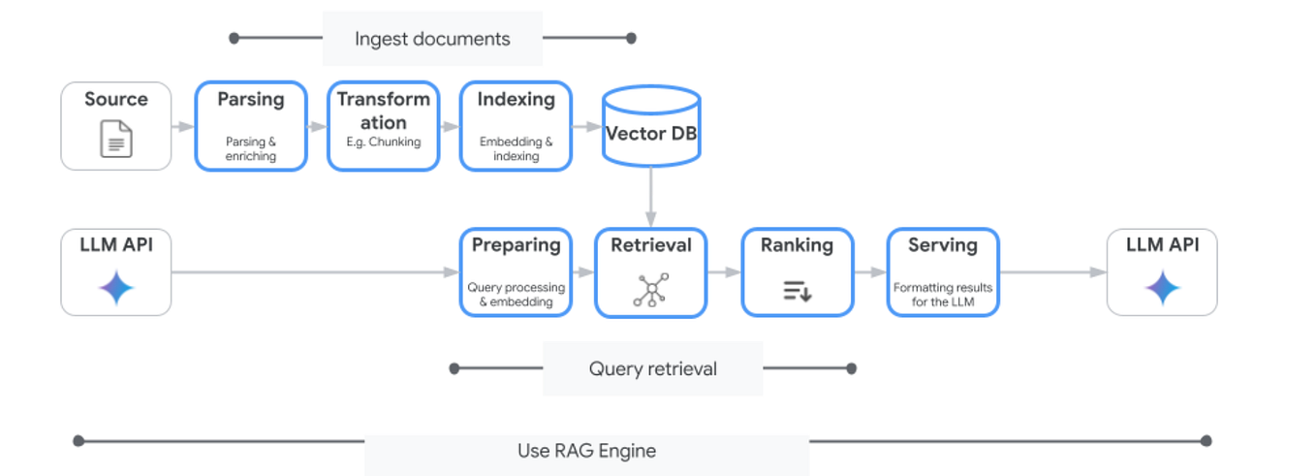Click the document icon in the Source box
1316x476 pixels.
click(x=116, y=139)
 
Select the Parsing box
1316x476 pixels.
click(x=251, y=126)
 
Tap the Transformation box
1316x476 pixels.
click(x=383, y=126)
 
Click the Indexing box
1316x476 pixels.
click(x=516, y=126)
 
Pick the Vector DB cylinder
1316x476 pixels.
click(x=651, y=127)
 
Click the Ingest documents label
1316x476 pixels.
click(x=432, y=39)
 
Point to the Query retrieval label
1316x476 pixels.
click(x=652, y=368)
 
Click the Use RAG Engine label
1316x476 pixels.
click(x=586, y=451)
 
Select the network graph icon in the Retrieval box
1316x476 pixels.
click(x=650, y=290)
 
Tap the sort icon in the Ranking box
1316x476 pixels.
click(x=797, y=290)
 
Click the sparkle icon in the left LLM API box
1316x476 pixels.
click(x=116, y=288)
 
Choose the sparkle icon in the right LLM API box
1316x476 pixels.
click(x=1162, y=288)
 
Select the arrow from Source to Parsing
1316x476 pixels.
click(x=183, y=126)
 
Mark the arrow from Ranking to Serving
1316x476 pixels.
click(x=870, y=273)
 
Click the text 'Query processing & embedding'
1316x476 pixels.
click(x=516, y=295)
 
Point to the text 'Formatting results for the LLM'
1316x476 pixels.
click(x=943, y=295)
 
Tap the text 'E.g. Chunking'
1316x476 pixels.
click(x=383, y=142)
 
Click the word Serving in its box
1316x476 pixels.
click(x=943, y=245)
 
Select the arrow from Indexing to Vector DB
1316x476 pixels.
click(x=587, y=126)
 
